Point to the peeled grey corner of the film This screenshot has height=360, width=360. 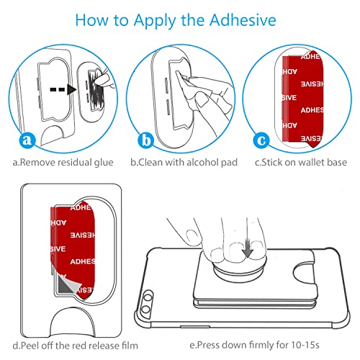(64, 284)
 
